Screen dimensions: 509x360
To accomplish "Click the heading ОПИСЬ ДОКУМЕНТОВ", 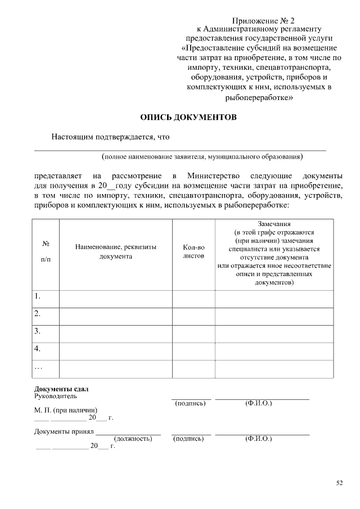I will pyautogui.click(x=188, y=118).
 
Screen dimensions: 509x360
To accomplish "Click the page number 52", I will pyautogui.click(x=339, y=483).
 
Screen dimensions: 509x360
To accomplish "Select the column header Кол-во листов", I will pyautogui.click(x=193, y=251).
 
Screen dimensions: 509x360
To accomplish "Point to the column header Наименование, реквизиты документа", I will pyautogui.click(x=116, y=251).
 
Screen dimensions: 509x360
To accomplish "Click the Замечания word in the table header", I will pyautogui.click(x=273, y=224).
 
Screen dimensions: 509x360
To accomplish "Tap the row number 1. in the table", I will pyautogui.click(x=38, y=296).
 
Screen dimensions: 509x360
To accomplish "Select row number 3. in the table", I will pyautogui.click(x=38, y=331).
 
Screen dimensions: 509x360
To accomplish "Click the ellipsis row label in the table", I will pyautogui.click(x=38, y=367).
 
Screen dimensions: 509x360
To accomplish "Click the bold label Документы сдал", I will pyautogui.click(x=61, y=389).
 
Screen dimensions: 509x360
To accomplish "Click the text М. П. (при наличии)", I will pyautogui.click(x=66, y=410).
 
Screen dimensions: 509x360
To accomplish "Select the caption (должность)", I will pyautogui.click(x=133, y=438).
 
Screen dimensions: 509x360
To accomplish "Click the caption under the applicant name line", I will pyautogui.click(x=202, y=156).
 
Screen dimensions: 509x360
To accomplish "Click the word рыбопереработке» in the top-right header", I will pyautogui.click(x=259, y=97).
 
